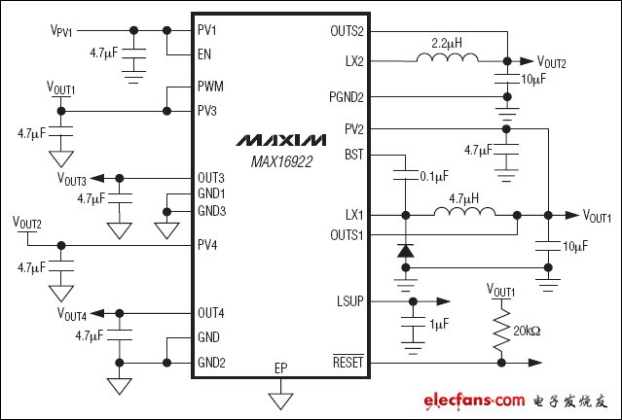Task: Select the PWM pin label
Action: pyautogui.click(x=208, y=87)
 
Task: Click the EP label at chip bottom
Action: pyautogui.click(x=280, y=368)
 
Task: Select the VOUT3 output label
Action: pyautogui.click(x=71, y=180)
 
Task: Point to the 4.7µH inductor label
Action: pyautogui.click(x=461, y=199)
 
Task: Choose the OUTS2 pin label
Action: pyautogui.click(x=347, y=31)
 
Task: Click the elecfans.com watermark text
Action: pyautogui.click(x=474, y=401)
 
